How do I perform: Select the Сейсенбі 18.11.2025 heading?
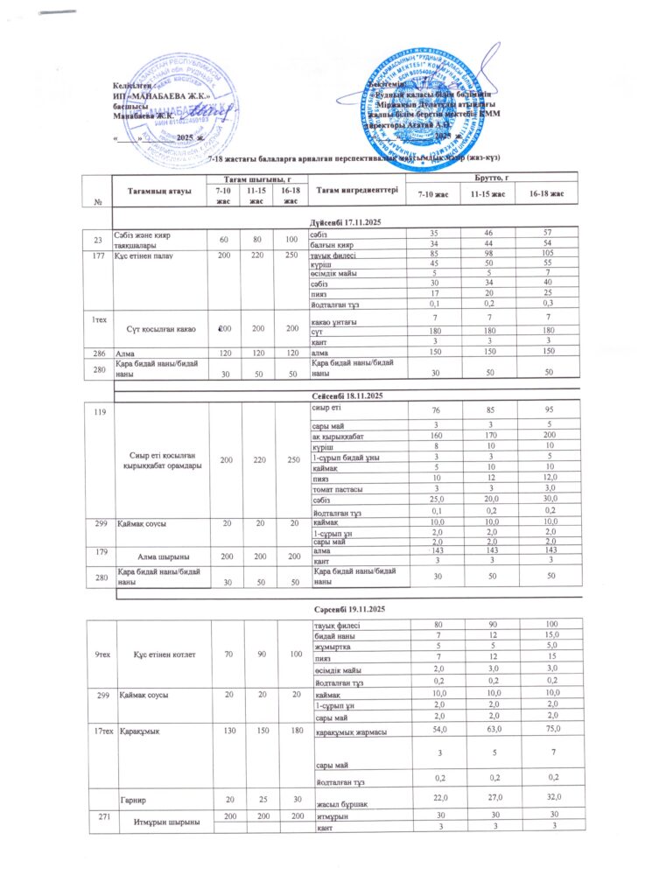[x=350, y=397]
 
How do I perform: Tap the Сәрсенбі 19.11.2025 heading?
[x=350, y=607]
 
